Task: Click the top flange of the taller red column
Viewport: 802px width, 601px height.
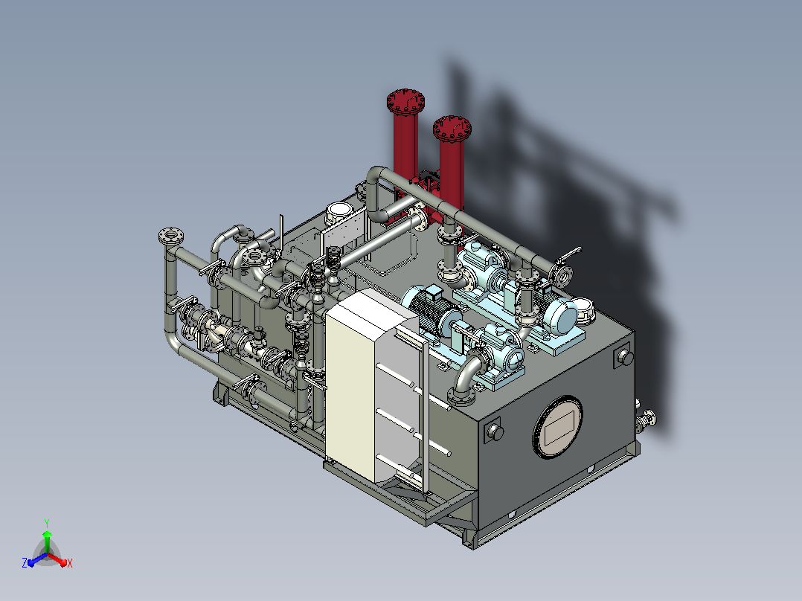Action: [x=405, y=102]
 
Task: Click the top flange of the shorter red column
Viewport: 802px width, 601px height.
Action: [x=452, y=129]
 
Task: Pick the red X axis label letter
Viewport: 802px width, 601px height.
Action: [x=70, y=563]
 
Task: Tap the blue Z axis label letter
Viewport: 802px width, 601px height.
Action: [x=25, y=562]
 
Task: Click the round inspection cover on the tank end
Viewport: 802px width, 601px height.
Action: [x=558, y=427]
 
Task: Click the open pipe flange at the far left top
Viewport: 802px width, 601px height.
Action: [x=171, y=236]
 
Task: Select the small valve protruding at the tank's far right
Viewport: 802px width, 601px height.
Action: [x=647, y=420]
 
